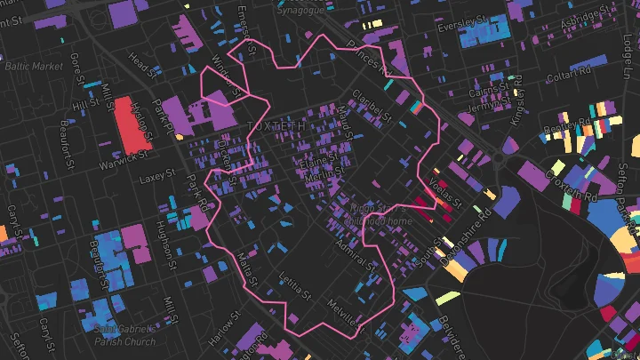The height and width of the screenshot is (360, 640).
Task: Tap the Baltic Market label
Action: pos(34,67)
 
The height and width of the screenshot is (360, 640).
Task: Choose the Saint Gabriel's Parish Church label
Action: pos(124,335)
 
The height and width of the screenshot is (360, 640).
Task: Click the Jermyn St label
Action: pos(485,107)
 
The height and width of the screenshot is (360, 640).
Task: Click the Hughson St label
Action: pos(163,238)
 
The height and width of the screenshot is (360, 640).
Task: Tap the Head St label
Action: pos(142,66)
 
